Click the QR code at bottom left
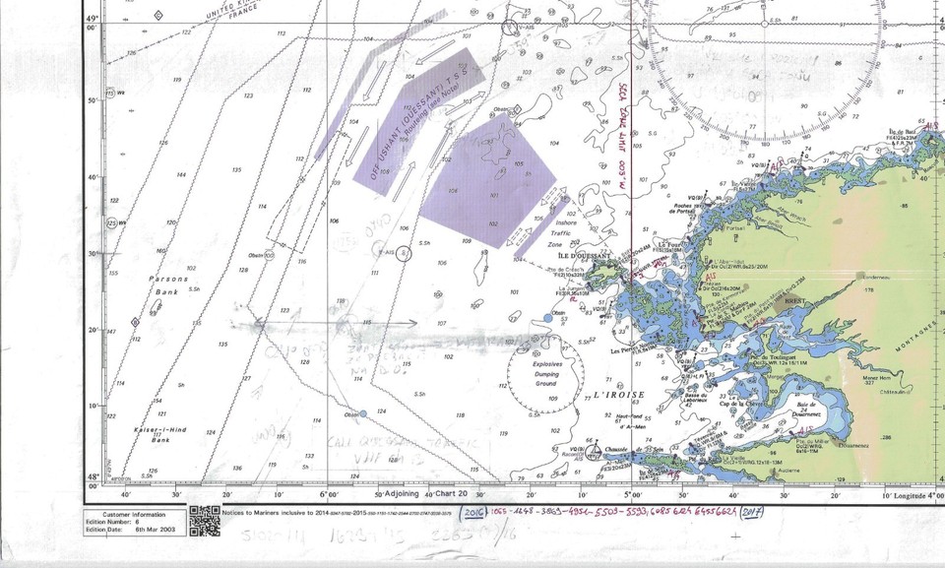click(x=204, y=521)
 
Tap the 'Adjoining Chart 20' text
click(x=425, y=493)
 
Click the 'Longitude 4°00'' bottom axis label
click(x=907, y=494)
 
